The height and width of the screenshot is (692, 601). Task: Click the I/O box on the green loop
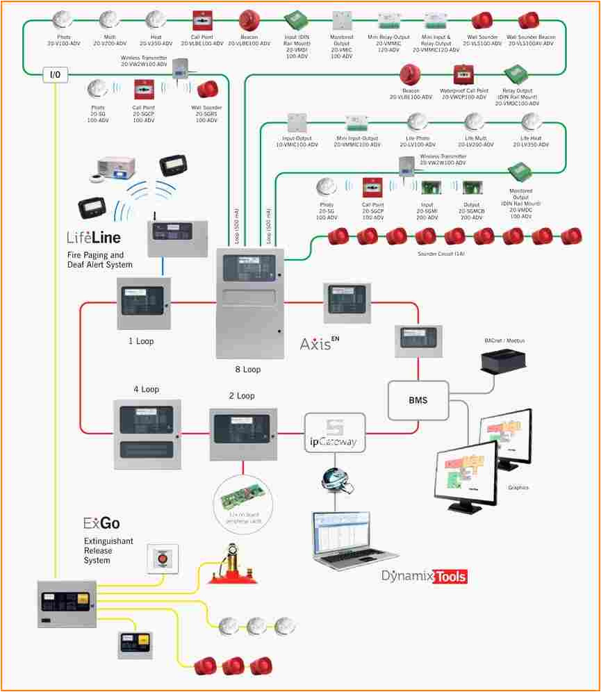point(56,74)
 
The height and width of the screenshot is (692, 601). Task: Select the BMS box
point(418,400)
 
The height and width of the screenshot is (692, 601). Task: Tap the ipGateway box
point(334,433)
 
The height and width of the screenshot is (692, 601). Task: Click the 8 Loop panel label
point(248,370)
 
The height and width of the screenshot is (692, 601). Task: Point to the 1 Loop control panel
point(144,303)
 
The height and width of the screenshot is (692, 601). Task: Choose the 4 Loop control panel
point(147,433)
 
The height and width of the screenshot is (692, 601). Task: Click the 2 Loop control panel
point(243,434)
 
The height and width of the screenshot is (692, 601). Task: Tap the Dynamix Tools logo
point(424,577)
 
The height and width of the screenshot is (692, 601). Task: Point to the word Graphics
point(518,488)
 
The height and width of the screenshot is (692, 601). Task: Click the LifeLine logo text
point(94,238)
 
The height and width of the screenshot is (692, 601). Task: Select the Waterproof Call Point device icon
point(463,74)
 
